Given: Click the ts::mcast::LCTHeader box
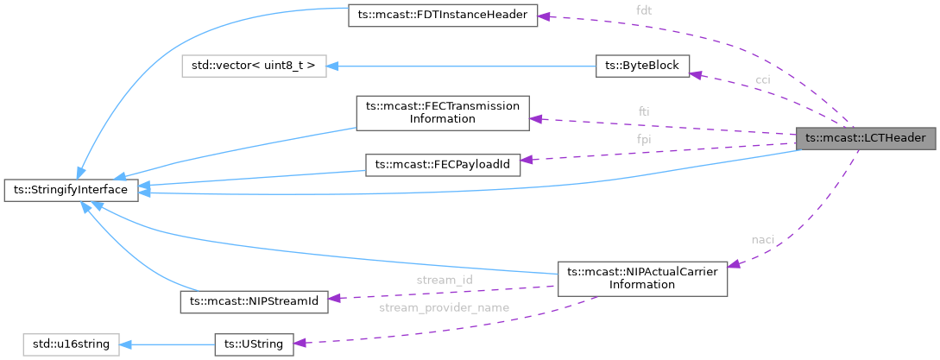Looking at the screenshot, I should coord(865,138).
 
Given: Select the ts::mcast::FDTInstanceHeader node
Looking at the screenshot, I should coord(443,16).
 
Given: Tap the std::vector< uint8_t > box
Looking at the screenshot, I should coord(253,66).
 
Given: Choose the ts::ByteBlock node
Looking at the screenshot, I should coord(642,66).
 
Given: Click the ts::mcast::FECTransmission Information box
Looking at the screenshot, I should coord(443,112).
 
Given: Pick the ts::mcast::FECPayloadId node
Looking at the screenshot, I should coord(443,165).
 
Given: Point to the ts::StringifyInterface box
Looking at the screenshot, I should coord(71,189).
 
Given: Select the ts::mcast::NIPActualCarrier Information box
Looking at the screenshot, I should coord(642,278).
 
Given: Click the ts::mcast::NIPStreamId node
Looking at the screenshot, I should coord(255,300).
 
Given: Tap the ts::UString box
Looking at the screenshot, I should coord(255,344).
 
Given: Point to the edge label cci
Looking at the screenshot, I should coord(763,79).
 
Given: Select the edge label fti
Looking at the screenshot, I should coord(644,111).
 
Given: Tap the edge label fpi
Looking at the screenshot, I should coord(644,138).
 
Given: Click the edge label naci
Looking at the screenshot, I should coord(762,239).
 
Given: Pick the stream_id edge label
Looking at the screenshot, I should coord(444,280).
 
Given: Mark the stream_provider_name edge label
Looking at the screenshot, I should coord(444,307).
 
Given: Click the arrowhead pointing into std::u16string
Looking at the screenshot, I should coord(126,344).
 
